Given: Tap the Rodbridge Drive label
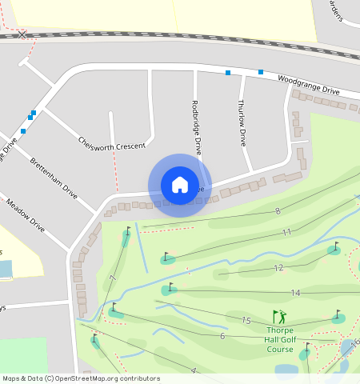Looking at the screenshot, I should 197,126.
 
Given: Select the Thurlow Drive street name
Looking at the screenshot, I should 242,122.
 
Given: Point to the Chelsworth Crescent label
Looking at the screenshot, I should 111,142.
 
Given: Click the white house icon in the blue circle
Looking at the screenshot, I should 180,185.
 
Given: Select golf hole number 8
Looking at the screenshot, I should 278,211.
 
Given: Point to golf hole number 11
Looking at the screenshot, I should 286,232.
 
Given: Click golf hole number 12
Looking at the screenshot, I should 278,268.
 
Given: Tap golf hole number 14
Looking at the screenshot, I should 295,293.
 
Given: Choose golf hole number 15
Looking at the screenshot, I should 246,321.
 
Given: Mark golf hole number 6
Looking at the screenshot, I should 222,336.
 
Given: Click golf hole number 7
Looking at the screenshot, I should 113,278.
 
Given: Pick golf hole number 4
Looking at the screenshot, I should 193,370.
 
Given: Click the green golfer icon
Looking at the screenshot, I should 279,317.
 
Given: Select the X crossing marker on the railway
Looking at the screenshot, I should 23,34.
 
